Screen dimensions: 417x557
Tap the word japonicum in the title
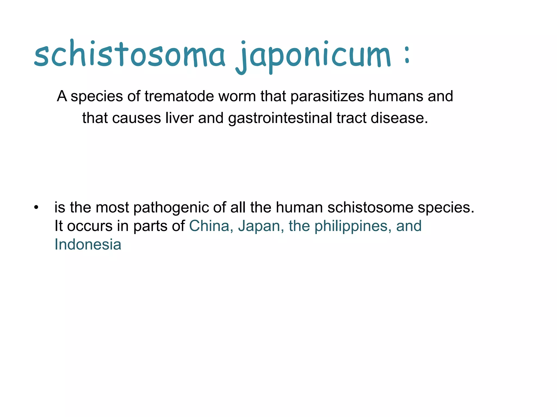point(313,56)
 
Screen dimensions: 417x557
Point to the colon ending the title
point(407,54)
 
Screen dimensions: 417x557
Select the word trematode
point(179,96)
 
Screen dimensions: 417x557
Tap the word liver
point(179,118)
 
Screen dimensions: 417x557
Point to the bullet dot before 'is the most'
point(36,208)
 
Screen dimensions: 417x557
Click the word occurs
point(90,226)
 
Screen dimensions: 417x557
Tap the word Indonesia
point(88,245)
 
